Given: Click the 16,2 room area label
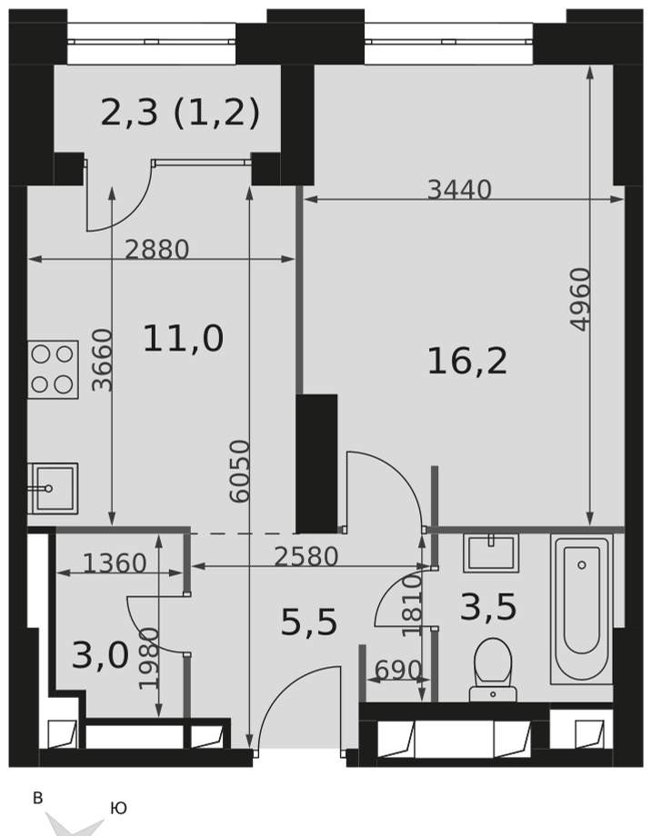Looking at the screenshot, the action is pyautogui.click(x=467, y=362).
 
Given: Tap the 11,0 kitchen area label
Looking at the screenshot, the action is pyautogui.click(x=183, y=339).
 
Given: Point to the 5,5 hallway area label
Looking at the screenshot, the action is pyautogui.click(x=309, y=622).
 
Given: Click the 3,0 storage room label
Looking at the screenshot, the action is pyautogui.click(x=100, y=655).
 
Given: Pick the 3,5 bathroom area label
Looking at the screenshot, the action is pyautogui.click(x=488, y=607).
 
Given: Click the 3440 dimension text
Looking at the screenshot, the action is pyautogui.click(x=459, y=189).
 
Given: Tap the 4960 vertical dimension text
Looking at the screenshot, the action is pyautogui.click(x=581, y=299).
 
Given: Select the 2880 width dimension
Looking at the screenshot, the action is pyautogui.click(x=157, y=249).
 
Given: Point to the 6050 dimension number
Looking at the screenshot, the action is pyautogui.click(x=239, y=471).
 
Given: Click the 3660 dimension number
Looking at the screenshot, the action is pyautogui.click(x=103, y=361).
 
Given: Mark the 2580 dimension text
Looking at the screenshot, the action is pyautogui.click(x=306, y=557).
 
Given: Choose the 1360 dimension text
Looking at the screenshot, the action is pyautogui.click(x=115, y=563).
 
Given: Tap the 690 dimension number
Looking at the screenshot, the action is pyautogui.click(x=398, y=671).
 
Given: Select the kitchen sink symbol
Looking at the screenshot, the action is pyautogui.click(x=53, y=488).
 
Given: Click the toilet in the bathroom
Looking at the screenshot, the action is pyautogui.click(x=493, y=671).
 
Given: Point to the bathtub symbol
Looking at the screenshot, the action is pyautogui.click(x=582, y=610).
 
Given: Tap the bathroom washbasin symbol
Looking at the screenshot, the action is pyautogui.click(x=491, y=552).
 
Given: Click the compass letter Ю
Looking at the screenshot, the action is pyautogui.click(x=118, y=808).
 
